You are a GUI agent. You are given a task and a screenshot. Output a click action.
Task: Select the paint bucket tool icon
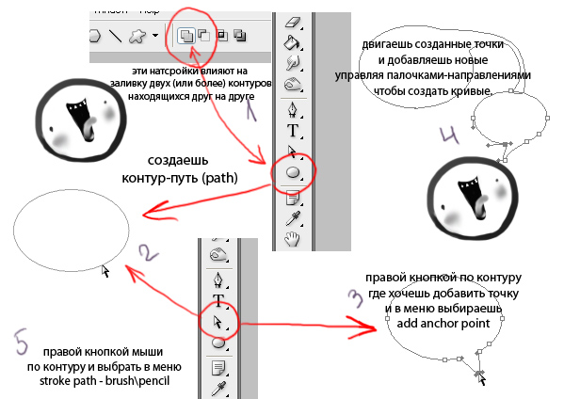coord(292,41)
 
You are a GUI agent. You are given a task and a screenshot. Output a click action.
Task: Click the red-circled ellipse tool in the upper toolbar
coord(293,172)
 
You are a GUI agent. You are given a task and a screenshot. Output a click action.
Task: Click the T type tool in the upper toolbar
coord(292,130)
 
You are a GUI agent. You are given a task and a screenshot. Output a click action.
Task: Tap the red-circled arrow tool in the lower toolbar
coord(219,322)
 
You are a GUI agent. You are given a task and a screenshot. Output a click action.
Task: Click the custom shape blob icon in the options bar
coord(138,37)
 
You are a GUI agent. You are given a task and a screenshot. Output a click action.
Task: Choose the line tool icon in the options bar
coord(115,37)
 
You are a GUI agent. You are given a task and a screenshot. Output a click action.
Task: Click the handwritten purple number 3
coord(355,298)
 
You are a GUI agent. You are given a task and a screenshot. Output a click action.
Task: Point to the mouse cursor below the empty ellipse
coord(105,271)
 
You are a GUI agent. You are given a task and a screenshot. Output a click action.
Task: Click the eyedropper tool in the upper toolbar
coord(292,217)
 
